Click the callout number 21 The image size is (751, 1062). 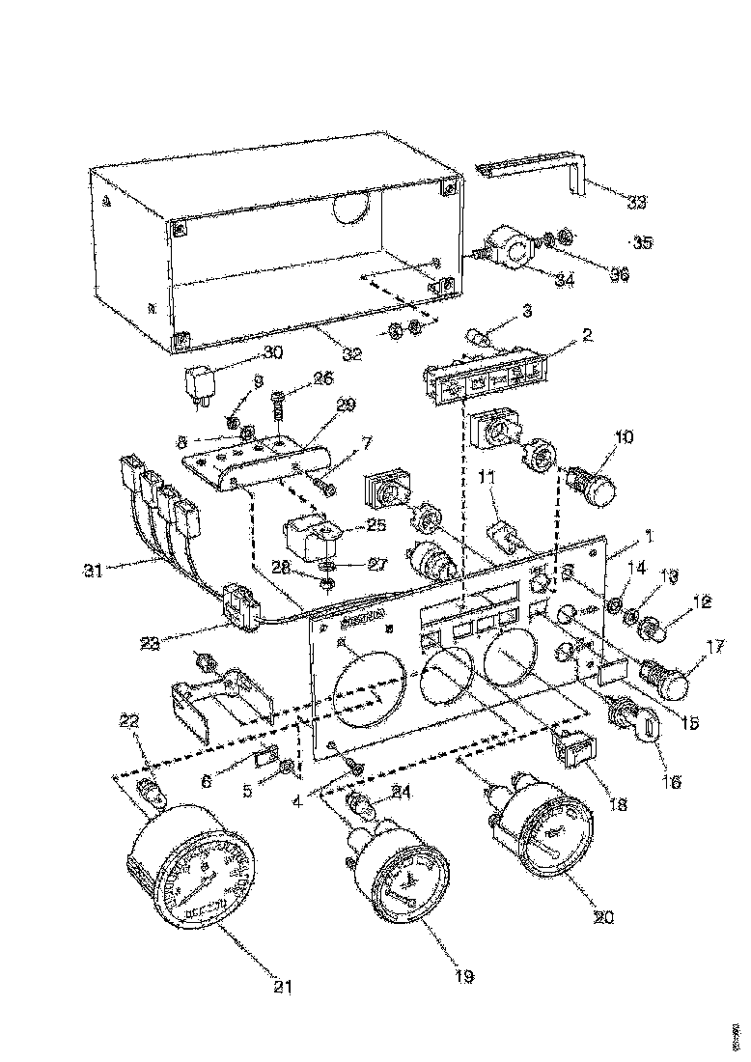coord(282,986)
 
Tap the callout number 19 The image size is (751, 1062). coord(464,976)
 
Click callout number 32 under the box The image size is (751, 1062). coord(352,354)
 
